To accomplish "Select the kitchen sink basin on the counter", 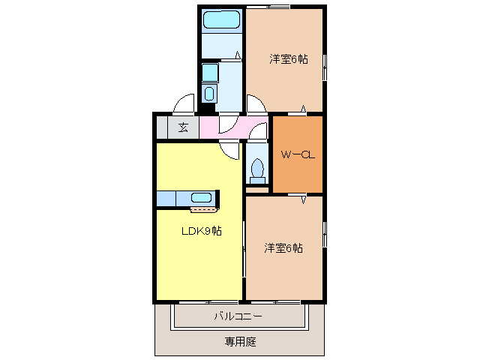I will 201,198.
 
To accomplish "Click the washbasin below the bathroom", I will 209,94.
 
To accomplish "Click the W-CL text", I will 296,155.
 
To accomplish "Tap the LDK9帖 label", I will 201,230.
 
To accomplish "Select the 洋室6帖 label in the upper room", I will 289,59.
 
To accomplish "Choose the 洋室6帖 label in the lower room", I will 283,247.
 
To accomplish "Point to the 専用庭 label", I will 240,342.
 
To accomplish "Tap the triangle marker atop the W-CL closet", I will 304,109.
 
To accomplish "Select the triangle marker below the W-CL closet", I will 304,200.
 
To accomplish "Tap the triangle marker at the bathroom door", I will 238,55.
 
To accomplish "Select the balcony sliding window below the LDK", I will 199,302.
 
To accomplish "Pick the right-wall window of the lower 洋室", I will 324,232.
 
